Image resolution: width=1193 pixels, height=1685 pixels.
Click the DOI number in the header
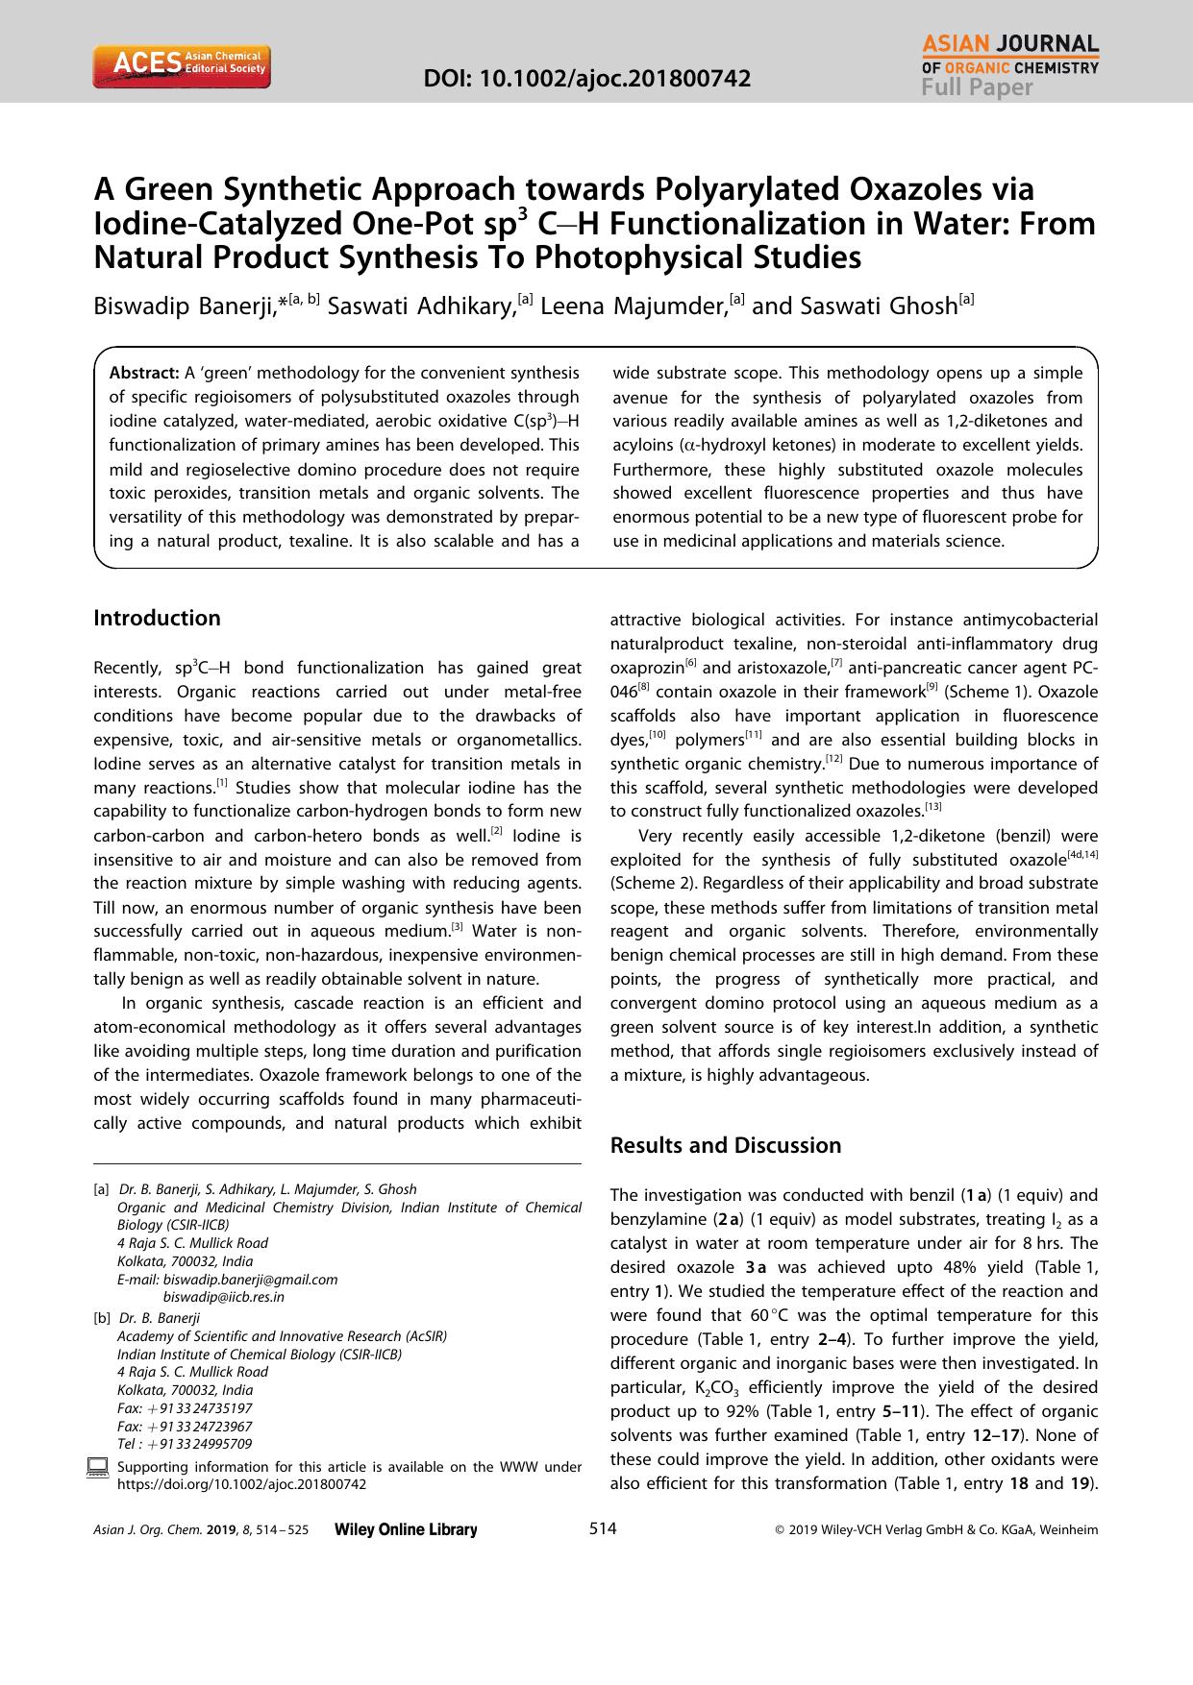click(x=587, y=78)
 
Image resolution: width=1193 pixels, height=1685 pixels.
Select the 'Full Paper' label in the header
click(x=977, y=87)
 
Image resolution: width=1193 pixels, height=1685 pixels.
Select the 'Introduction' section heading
click(x=157, y=618)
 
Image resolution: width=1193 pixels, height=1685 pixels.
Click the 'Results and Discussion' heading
click(x=726, y=1145)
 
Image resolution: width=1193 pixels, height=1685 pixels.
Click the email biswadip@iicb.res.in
click(x=224, y=1297)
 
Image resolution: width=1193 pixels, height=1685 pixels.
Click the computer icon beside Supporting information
click(x=97, y=1467)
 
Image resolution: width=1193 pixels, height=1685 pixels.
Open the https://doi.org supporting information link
click(x=241, y=1484)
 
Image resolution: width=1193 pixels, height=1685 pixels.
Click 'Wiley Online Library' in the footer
click(x=405, y=1530)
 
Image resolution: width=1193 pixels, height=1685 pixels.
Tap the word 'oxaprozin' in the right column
click(x=647, y=668)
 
